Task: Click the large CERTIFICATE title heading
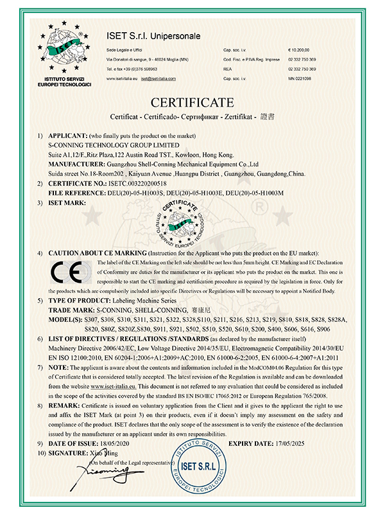pos(193,102)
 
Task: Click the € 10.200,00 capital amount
pos(300,49)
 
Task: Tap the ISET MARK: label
pos(68,202)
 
